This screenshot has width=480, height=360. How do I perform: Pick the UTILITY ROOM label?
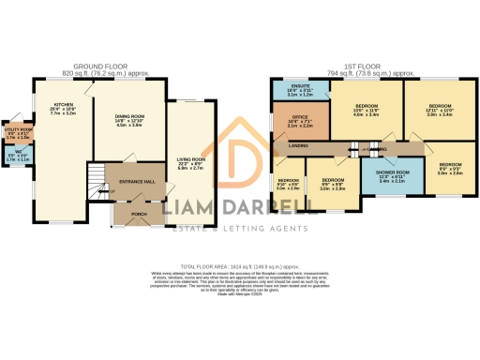point(16,130)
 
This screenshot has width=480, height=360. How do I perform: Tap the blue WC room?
point(15,156)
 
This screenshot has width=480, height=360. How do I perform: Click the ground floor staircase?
point(95,177)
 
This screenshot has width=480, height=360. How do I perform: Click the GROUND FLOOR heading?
point(97,66)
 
